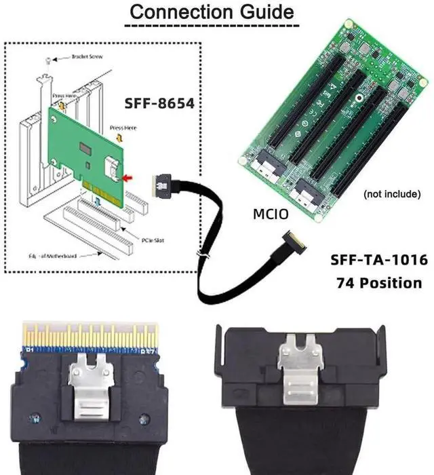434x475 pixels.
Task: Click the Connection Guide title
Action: click(212, 12)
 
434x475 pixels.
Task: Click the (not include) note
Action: click(392, 194)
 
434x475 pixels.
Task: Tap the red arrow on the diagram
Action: click(125, 178)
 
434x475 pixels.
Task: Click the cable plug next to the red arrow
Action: click(162, 182)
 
